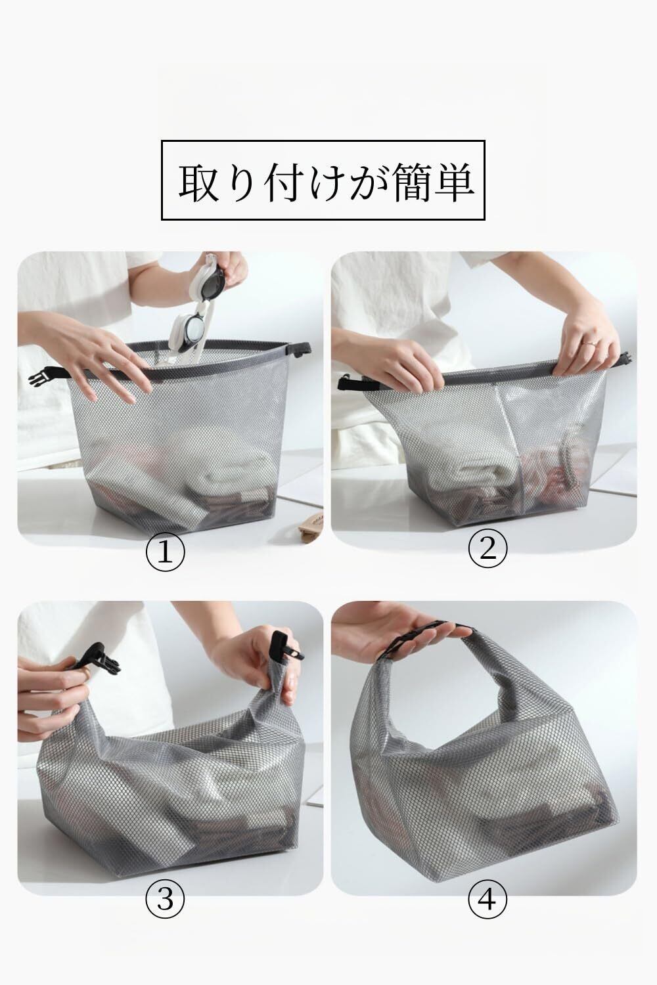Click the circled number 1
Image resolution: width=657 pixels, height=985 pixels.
coord(165,552)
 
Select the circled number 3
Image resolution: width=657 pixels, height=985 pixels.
coord(165,900)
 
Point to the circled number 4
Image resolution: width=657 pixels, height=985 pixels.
coord(487,900)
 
